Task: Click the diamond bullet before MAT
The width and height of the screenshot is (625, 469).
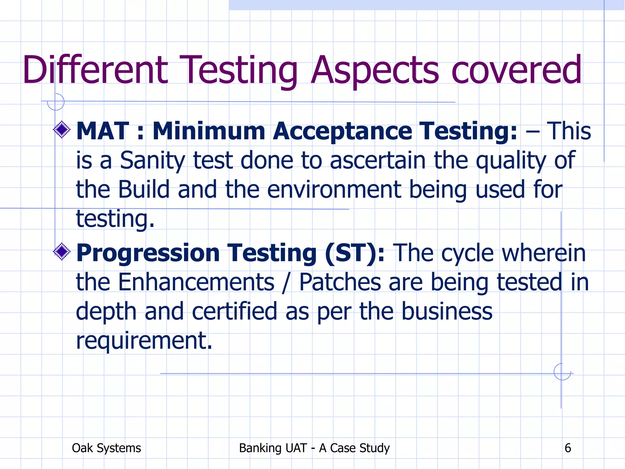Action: (x=62, y=130)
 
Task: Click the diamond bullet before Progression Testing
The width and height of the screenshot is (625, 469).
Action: (x=62, y=252)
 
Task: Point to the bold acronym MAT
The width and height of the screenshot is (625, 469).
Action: (x=103, y=131)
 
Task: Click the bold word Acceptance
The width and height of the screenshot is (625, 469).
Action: (x=342, y=131)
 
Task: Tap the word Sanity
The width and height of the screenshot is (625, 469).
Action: (x=152, y=160)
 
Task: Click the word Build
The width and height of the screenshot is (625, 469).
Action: (x=144, y=189)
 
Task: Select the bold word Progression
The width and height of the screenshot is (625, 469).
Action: (x=148, y=253)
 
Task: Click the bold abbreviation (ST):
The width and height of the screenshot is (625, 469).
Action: (x=355, y=253)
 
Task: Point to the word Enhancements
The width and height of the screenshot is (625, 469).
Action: (x=196, y=282)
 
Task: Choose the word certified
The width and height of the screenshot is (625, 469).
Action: (x=234, y=311)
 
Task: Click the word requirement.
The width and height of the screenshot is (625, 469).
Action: (x=144, y=340)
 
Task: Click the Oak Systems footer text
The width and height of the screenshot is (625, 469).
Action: (x=106, y=448)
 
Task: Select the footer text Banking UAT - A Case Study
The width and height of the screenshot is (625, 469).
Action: (x=314, y=448)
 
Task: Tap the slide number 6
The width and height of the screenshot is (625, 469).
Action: (x=568, y=448)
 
